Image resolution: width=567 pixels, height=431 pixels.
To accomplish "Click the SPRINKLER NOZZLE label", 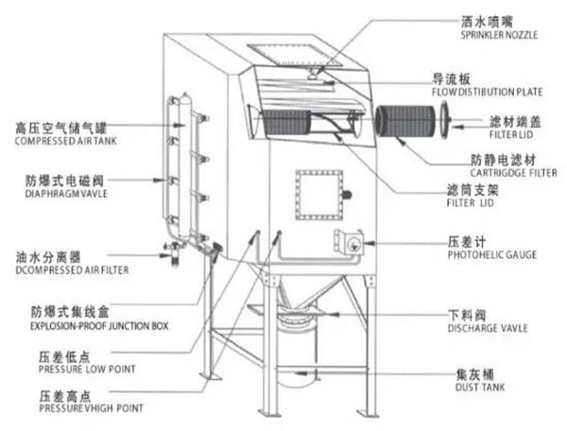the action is tap(499, 35).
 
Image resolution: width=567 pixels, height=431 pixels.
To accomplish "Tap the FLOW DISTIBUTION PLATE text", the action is tap(487, 93).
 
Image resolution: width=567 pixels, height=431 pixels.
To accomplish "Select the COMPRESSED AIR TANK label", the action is tap(66, 141).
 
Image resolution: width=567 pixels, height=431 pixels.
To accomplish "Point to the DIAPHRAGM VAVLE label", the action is tap(66, 194).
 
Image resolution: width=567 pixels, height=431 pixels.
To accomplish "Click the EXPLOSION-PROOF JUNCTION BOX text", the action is tap(99, 326).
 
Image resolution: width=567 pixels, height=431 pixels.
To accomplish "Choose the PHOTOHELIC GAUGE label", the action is tap(492, 255).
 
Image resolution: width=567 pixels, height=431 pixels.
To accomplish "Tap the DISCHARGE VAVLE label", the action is tap(488, 328).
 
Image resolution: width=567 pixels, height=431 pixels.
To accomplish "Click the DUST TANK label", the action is tap(480, 388).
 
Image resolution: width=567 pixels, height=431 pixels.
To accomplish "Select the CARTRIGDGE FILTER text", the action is tap(513, 173).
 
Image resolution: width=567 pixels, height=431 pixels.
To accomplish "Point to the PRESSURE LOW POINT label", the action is tap(87, 370).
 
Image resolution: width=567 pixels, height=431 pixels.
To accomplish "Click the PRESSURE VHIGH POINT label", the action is tap(91, 408).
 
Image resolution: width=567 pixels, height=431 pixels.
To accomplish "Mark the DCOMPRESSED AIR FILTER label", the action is tap(72, 270).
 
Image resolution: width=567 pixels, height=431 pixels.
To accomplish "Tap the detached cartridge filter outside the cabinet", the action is tap(405, 121).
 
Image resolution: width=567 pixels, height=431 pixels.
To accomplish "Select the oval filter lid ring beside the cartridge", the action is tap(444, 120).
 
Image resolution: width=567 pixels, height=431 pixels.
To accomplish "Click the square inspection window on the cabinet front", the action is tap(319, 195).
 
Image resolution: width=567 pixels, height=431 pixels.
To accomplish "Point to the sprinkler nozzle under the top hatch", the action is tap(313, 75).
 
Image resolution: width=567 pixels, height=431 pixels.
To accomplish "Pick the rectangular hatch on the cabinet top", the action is tap(295, 55).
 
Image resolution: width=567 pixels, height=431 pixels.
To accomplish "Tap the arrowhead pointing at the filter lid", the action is tap(456, 127).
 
